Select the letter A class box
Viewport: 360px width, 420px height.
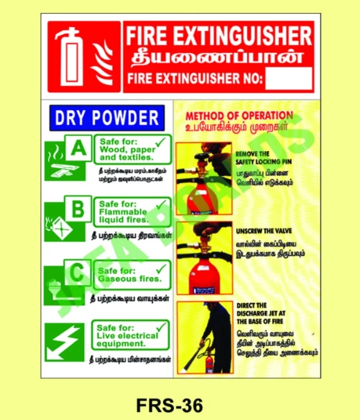tap(78, 147)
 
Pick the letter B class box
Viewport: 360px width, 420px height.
tap(78, 209)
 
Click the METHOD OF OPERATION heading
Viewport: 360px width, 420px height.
tap(239, 115)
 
